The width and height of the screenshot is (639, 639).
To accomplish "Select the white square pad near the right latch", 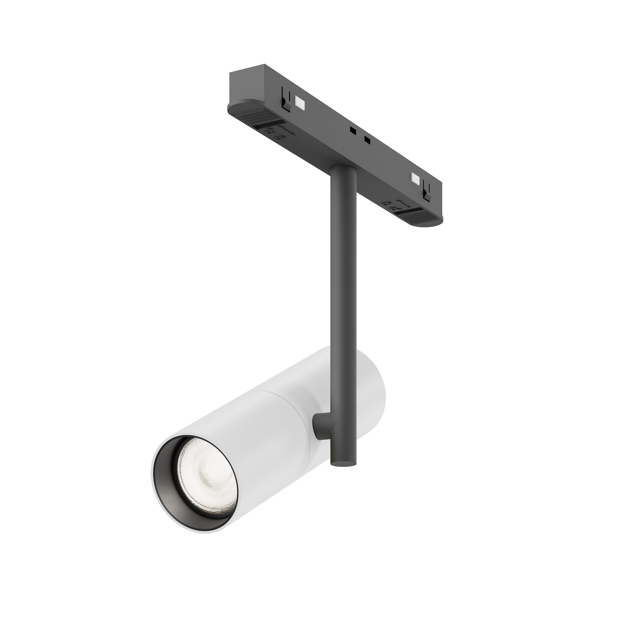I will pyautogui.click(x=414, y=179).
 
